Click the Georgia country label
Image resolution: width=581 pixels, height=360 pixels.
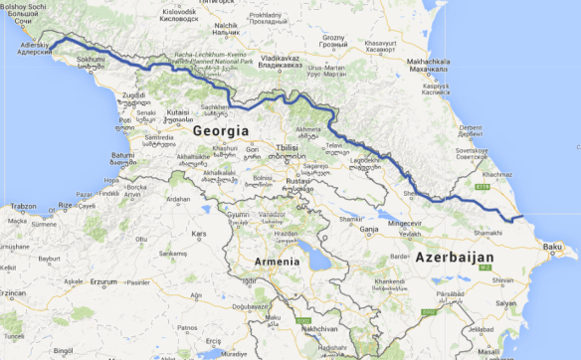coord(221,130)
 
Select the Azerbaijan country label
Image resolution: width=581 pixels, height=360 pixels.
coord(454,256)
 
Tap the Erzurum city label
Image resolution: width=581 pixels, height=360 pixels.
coord(103,281)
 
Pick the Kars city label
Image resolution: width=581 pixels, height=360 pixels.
coord(198,235)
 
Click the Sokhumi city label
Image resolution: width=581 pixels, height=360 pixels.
coord(91,59)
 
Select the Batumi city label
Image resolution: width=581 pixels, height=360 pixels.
coord(122,155)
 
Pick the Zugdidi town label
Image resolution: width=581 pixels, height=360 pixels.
coord(133,95)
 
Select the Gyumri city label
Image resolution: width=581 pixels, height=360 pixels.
coord(239,214)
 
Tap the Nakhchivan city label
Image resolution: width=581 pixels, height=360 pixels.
coord(318,327)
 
